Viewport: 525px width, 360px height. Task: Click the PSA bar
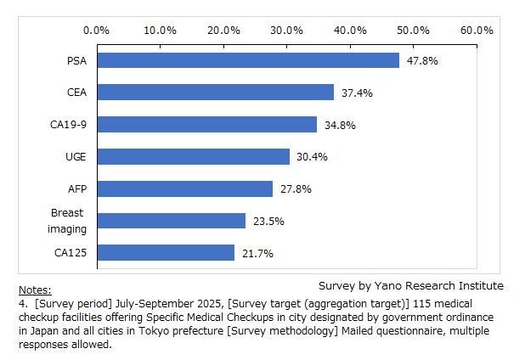click(248, 60)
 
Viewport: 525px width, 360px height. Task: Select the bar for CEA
click(216, 93)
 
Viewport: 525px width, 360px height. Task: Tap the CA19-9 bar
click(207, 125)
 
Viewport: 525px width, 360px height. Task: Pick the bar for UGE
click(194, 157)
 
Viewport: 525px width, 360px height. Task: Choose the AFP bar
click(185, 188)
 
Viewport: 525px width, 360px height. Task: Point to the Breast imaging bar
click(172, 221)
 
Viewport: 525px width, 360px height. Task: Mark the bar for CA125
click(166, 253)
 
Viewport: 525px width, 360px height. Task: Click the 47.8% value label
click(422, 61)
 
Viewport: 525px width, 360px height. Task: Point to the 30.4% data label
click(312, 157)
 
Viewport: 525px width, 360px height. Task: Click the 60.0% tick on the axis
click(477, 30)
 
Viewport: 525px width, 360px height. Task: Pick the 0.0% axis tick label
click(97, 30)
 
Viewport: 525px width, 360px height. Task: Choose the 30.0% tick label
click(287, 30)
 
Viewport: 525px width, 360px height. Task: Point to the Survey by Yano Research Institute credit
click(410, 285)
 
